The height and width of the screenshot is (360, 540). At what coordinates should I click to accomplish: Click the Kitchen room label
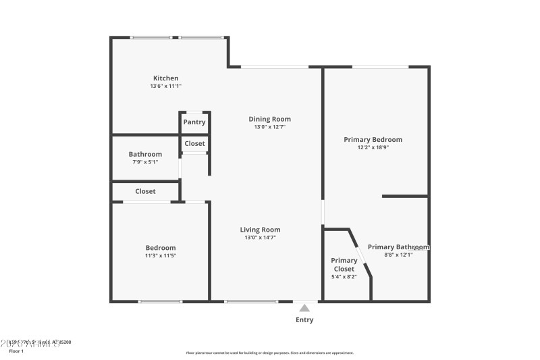[x=165, y=78]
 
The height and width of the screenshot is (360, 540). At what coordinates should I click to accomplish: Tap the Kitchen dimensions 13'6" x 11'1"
[x=165, y=86]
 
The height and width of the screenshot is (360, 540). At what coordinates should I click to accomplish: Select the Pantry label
[x=194, y=122]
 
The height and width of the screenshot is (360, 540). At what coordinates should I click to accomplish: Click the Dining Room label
[x=270, y=119]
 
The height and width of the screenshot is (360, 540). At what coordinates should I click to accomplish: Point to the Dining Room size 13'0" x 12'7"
[x=270, y=127]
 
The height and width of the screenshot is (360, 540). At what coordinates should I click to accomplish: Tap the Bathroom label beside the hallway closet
[x=145, y=154]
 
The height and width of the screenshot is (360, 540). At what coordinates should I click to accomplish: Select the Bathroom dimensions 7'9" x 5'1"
[x=145, y=162]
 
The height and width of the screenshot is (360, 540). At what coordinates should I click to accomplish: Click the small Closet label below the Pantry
[x=194, y=143]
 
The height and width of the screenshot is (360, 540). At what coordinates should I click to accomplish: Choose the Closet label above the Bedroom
[x=145, y=191]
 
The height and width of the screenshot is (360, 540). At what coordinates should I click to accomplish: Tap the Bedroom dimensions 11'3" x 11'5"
[x=161, y=256]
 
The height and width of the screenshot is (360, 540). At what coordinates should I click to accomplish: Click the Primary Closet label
[x=344, y=265]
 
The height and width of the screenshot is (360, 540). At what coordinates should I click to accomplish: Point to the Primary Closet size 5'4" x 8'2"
[x=344, y=276]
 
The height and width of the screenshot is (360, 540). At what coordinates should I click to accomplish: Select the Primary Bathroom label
[x=398, y=247]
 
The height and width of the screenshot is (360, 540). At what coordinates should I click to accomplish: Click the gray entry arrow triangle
[x=304, y=308]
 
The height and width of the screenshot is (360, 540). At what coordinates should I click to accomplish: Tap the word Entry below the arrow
[x=304, y=319]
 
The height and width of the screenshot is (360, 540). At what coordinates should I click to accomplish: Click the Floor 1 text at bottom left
[x=16, y=351]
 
